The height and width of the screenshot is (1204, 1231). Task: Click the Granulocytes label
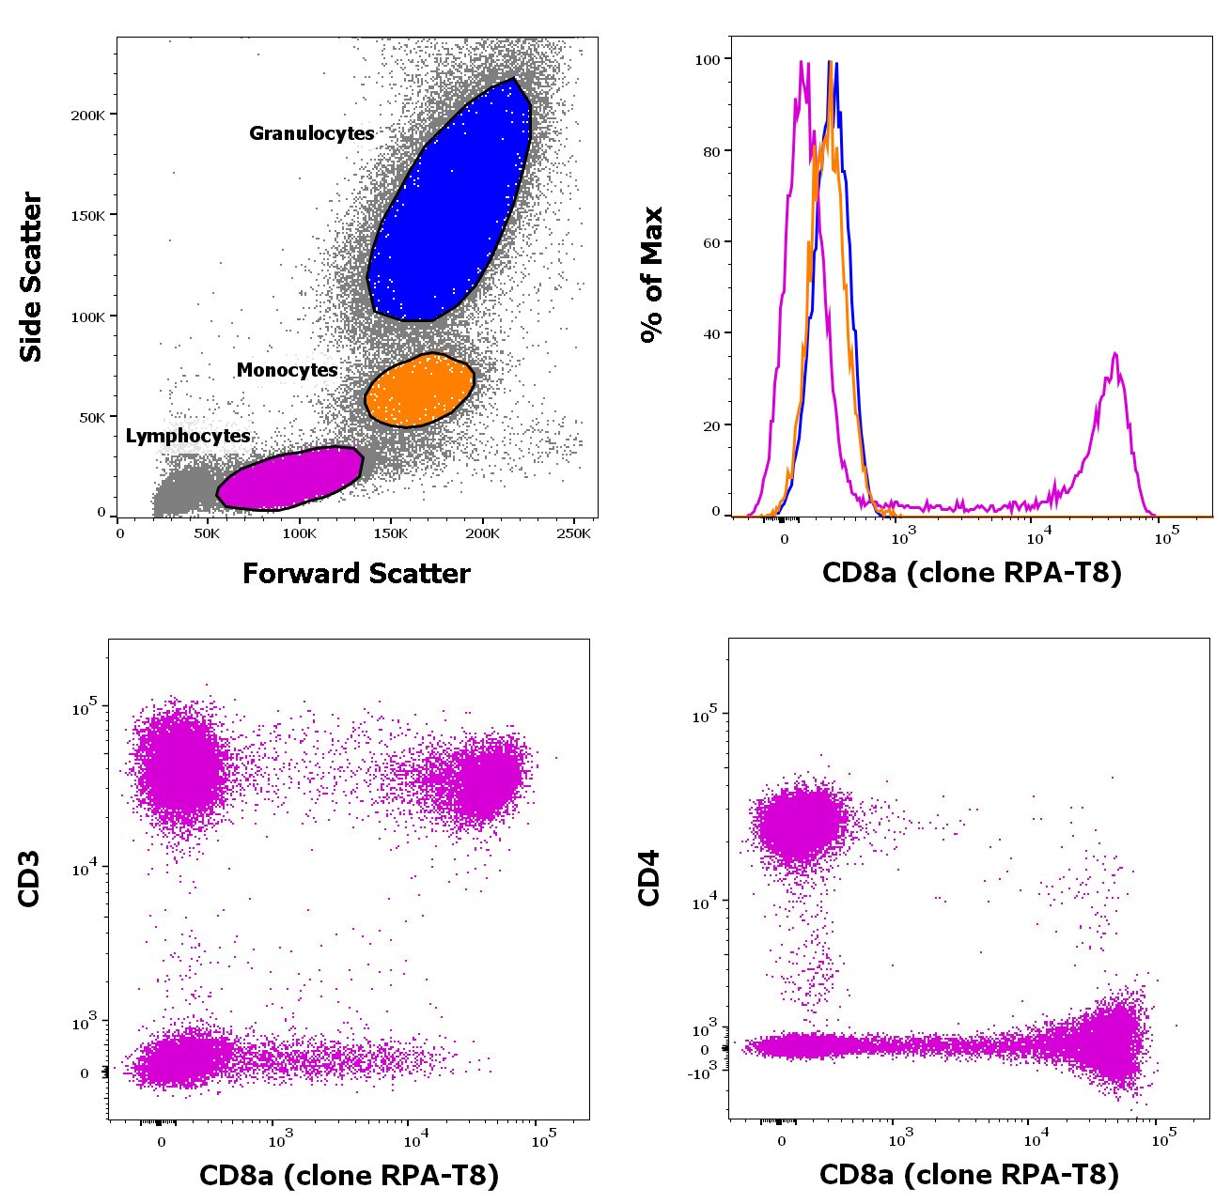[x=311, y=133]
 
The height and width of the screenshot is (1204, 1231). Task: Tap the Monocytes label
[x=287, y=370]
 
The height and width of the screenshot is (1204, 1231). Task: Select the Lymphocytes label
[x=188, y=436]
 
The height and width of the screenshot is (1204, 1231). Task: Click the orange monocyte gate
[x=419, y=390]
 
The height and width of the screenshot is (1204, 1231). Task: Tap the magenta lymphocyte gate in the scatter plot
[x=289, y=478]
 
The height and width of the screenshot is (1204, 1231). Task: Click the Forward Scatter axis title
[x=356, y=574]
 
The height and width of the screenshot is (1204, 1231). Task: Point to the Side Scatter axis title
[x=32, y=277]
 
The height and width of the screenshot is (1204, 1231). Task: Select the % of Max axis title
[x=651, y=275]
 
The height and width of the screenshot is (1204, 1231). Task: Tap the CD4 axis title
[x=649, y=878]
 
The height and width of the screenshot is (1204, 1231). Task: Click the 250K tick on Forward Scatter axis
[x=573, y=533]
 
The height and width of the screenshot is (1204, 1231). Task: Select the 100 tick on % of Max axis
[x=707, y=59]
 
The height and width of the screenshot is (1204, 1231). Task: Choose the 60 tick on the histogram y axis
[x=710, y=242]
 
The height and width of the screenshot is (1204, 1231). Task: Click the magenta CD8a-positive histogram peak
[x=1114, y=357]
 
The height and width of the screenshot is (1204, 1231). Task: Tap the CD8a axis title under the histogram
[x=972, y=572]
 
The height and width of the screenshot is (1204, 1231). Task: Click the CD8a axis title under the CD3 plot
[x=349, y=1174]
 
